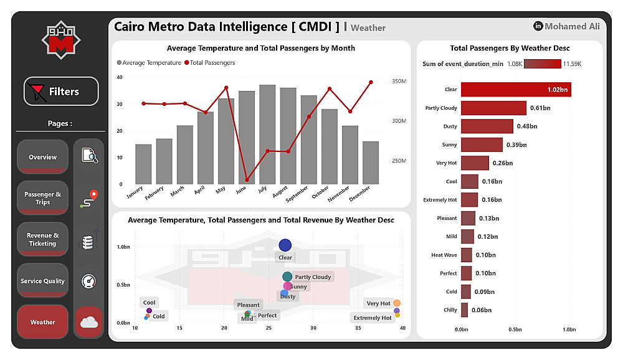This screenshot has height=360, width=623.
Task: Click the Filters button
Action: [61, 92]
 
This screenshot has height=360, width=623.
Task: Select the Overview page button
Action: [42, 157]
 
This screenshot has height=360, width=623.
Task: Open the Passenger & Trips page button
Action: [42, 198]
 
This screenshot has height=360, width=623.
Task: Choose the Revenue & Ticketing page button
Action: [42, 239]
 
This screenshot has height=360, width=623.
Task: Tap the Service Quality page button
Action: [42, 281]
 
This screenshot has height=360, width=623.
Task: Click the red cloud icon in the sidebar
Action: [89, 322]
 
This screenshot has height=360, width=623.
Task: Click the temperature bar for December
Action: [371, 163]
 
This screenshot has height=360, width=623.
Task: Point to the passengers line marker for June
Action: [247, 180]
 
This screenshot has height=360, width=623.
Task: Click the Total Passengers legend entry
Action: [212, 63]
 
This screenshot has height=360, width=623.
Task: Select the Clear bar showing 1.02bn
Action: [515, 90]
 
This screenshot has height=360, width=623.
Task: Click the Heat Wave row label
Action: [444, 255]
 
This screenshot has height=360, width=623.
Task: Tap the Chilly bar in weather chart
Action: [464, 310]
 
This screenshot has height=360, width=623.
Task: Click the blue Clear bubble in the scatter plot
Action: [285, 245]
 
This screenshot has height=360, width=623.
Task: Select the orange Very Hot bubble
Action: [397, 303]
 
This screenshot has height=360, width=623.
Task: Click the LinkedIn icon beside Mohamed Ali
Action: [538, 26]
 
